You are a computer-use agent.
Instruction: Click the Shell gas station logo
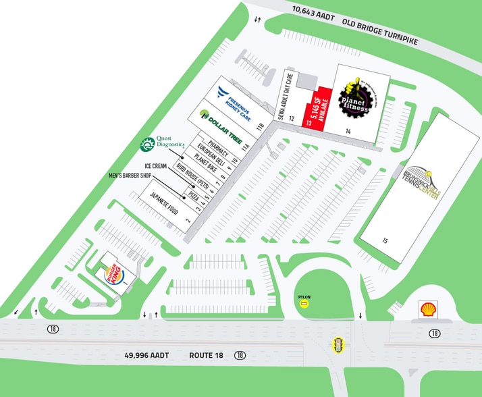(x=427, y=310)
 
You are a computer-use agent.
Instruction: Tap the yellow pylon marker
(x=304, y=305)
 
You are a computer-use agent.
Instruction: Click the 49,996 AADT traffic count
(x=146, y=354)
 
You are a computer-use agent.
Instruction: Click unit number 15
(x=385, y=240)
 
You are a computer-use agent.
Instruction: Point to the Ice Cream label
(x=155, y=165)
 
